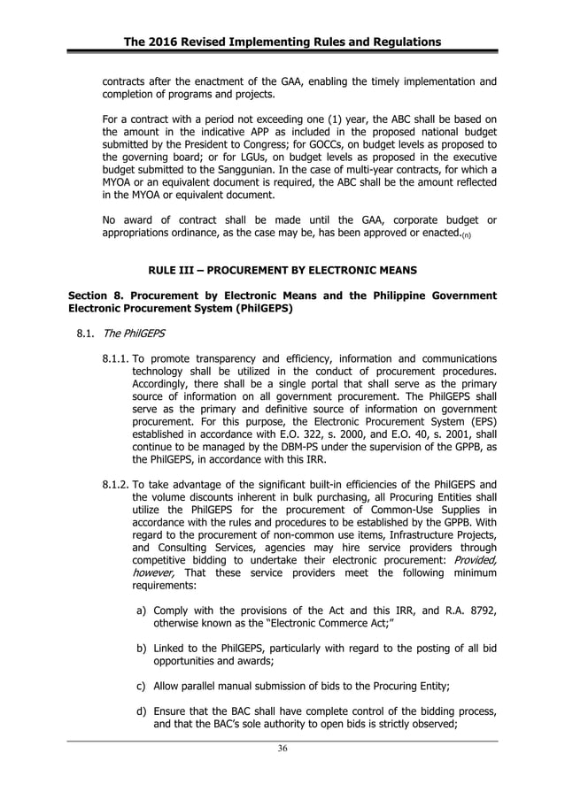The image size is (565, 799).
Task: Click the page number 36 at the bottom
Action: tap(282, 749)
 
